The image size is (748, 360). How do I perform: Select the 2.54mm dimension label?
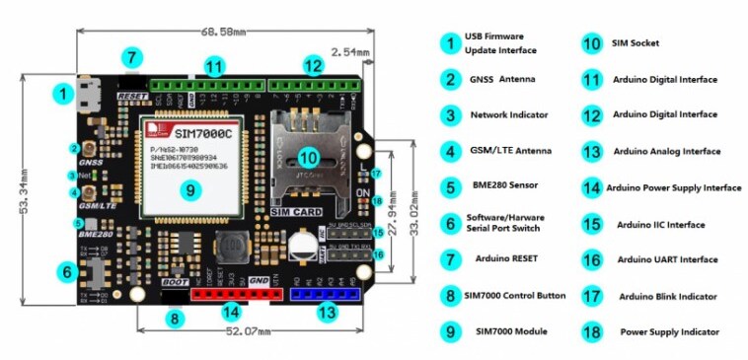tap(350, 51)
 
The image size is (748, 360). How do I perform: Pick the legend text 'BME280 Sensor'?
tap(508, 184)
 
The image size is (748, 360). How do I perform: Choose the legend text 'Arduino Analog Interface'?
tap(666, 152)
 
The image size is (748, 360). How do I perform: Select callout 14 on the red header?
tap(230, 312)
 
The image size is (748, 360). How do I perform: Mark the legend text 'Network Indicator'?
tap(508, 115)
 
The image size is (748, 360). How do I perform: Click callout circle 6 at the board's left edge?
tap(67, 270)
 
